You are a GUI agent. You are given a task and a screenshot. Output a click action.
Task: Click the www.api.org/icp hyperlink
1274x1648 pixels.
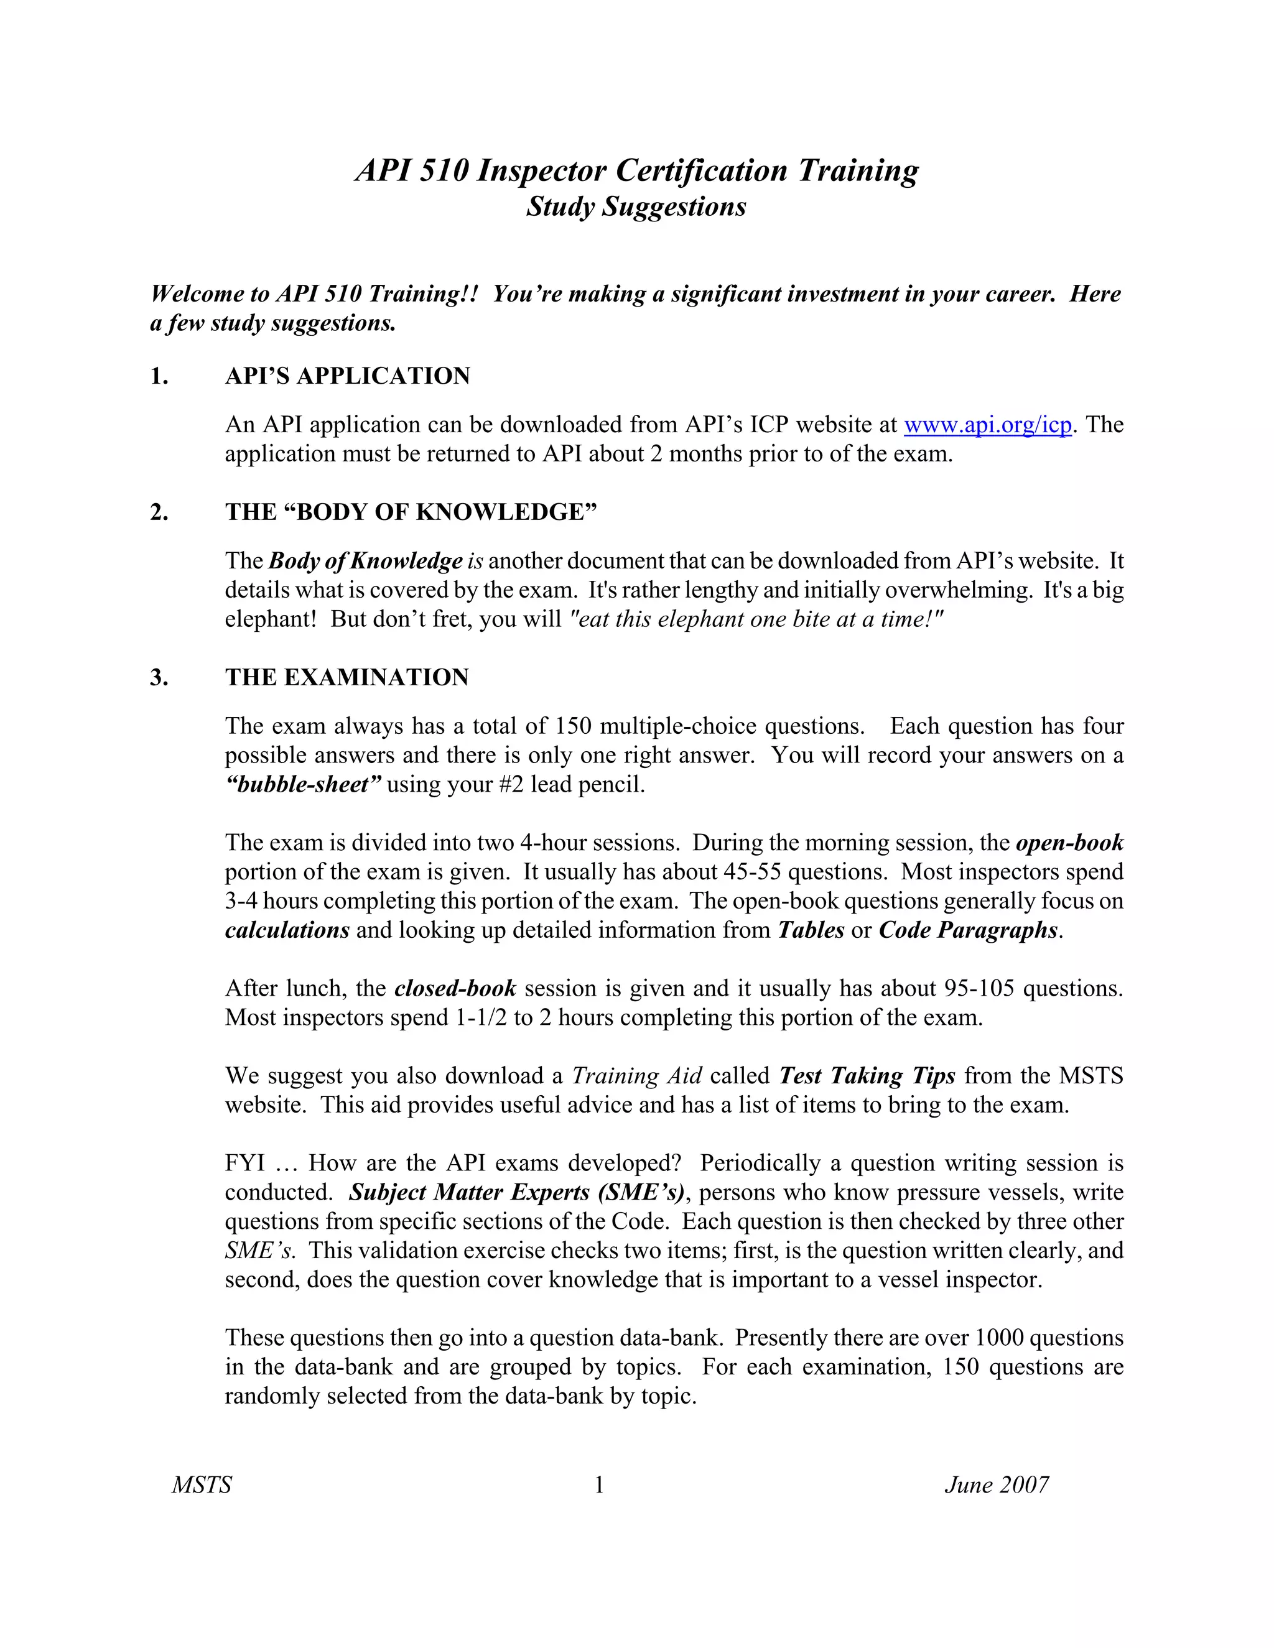[x=987, y=425]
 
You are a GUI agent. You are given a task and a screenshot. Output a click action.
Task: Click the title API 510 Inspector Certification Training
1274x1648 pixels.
[x=636, y=170]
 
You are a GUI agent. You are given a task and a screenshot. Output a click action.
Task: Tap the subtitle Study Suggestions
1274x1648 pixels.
[x=636, y=206]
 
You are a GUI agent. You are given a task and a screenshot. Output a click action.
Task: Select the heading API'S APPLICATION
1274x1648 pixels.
[x=347, y=376]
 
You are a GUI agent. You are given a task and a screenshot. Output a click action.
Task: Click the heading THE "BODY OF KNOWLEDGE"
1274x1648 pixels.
[x=411, y=512]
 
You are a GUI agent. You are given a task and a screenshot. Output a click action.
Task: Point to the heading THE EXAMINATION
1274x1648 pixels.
[x=346, y=677]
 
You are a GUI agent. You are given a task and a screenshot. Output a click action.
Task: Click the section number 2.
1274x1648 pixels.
[x=159, y=512]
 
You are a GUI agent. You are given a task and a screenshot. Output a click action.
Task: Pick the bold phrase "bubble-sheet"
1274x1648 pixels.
[x=304, y=785]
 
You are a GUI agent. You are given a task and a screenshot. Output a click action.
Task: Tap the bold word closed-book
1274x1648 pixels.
[x=455, y=989]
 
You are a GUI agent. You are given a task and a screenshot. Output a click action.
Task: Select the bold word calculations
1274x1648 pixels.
[x=287, y=930]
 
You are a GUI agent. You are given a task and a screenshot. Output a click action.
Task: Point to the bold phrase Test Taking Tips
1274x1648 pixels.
[x=867, y=1075]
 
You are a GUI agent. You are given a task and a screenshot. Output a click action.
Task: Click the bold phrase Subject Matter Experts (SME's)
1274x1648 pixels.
[x=517, y=1192]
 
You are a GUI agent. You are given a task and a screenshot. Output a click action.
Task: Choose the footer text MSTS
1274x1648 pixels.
[x=202, y=1485]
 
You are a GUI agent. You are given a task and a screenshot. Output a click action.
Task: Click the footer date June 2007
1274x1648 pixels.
[x=997, y=1485]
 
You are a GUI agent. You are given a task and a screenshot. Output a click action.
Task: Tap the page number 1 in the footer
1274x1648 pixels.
[x=599, y=1485]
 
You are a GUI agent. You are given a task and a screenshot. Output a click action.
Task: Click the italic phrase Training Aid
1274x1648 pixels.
[x=637, y=1075]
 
